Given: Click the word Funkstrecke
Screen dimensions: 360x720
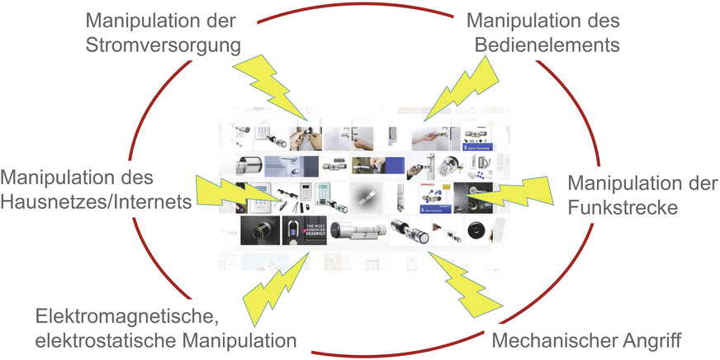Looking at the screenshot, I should [x=624, y=206].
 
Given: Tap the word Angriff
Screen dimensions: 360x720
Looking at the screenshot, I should [x=659, y=339].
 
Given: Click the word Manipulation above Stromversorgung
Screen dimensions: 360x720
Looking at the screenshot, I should [x=136, y=19].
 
